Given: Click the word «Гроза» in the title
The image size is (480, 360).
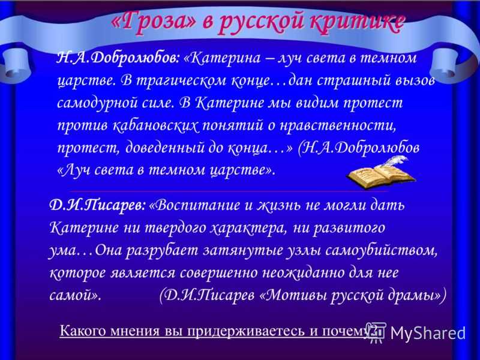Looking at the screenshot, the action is (153, 22).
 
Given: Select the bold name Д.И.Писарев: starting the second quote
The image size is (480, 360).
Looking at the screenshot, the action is (97, 205).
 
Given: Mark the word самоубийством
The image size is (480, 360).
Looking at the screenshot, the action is (380, 250).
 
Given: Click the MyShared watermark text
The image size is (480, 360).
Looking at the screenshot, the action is (428, 333).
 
